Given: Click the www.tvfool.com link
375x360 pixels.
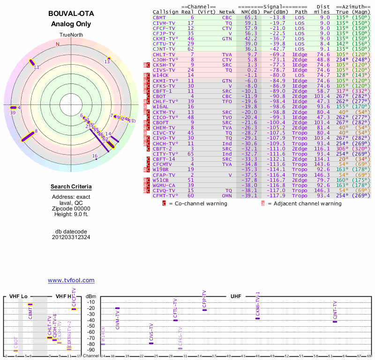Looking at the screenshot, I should click(71, 280).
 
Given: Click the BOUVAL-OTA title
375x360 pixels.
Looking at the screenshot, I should click(71, 13).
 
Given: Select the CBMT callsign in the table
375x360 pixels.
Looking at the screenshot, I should click(158, 17).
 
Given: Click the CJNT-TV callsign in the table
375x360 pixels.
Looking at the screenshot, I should click(164, 48).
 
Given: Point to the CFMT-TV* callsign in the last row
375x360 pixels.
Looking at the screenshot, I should click(166, 196).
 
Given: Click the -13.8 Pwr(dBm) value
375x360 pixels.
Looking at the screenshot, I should click(276, 17).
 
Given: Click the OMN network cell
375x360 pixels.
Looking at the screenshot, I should click(227, 196).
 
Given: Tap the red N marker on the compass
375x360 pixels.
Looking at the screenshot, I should click(58, 45).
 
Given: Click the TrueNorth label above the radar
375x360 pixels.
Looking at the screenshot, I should click(71, 35).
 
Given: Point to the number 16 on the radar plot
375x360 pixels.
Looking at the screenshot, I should click(95, 156).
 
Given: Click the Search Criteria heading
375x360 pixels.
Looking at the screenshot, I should click(71, 187).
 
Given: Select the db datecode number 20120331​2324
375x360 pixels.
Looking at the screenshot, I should click(71, 237).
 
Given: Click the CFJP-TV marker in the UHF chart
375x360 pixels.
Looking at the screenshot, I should click(204, 310).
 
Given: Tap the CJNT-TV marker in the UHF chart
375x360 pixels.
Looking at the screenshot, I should click(335, 322).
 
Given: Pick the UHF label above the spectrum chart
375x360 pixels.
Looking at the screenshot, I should click(236, 297).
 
